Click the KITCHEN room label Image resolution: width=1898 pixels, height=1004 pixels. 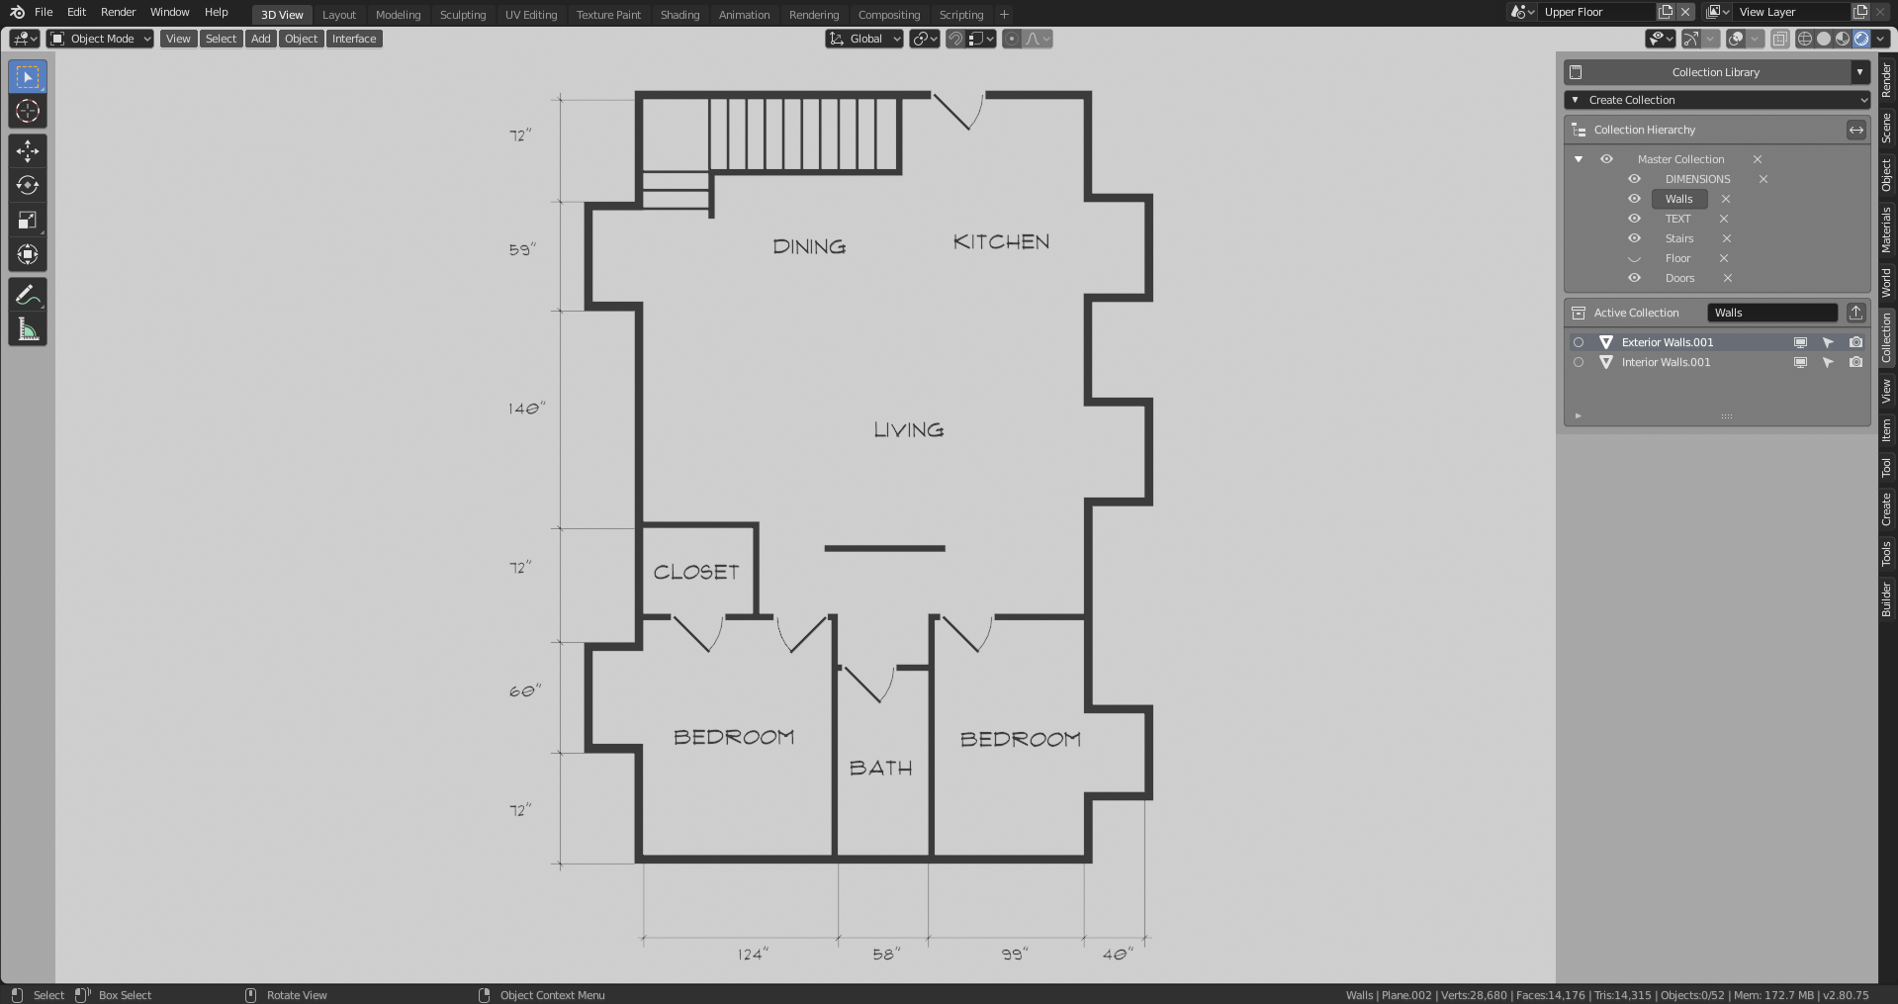[x=1001, y=242]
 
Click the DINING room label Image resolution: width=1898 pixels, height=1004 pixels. [x=809, y=247]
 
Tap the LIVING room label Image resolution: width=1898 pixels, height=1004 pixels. [x=908, y=430]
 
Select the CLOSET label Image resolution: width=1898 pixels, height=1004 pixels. [x=696, y=573]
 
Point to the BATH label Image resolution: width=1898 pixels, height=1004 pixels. [x=880, y=769]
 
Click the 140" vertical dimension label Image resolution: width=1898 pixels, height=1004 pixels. [x=526, y=409]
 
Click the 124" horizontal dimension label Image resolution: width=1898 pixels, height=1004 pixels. [x=752, y=955]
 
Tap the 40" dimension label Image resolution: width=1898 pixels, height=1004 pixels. [x=1118, y=955]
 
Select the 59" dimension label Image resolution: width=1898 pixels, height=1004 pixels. [x=522, y=250]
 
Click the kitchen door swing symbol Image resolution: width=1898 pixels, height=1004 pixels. [x=959, y=112]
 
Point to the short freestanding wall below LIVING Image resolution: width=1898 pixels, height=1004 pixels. [x=884, y=548]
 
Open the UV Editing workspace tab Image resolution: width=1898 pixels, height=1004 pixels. [x=531, y=15]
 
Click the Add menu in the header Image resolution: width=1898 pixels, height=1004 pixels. [x=260, y=39]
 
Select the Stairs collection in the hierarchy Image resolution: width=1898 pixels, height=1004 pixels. [x=1678, y=238]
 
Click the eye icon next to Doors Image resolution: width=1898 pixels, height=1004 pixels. [x=1634, y=278]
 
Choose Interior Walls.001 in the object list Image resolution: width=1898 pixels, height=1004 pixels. [x=1666, y=362]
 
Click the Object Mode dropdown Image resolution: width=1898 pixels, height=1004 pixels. [x=101, y=39]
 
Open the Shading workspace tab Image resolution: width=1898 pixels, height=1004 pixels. [x=679, y=15]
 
